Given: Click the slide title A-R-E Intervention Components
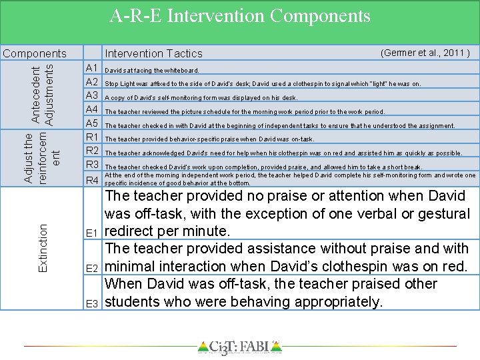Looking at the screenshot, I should click(x=239, y=15).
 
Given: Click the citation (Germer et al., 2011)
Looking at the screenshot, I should click(x=425, y=53).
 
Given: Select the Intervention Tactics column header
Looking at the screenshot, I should click(x=153, y=53).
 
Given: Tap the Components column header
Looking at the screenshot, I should click(x=35, y=53).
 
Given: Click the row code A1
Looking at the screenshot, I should click(x=92, y=68).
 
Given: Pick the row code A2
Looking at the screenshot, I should click(x=92, y=82).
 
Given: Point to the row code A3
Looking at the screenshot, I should click(x=92, y=96).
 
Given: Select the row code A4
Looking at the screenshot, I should click(x=92, y=110).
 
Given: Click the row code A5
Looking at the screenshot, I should click(x=92, y=124).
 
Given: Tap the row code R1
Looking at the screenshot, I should click(x=92, y=137).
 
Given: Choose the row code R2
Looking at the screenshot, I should click(x=92, y=151).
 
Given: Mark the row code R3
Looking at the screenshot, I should click(x=92, y=165).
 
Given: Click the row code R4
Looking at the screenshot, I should click(x=92, y=181).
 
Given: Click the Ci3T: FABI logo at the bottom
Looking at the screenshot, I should click(x=240, y=347).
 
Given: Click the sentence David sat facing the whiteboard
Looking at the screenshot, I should click(x=152, y=70).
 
